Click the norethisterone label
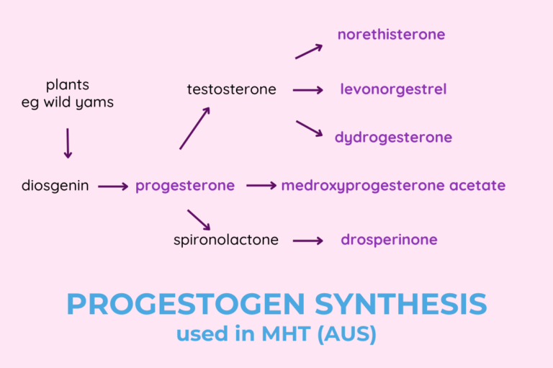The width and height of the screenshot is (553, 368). [x=391, y=35]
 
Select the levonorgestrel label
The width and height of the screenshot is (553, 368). [x=393, y=89]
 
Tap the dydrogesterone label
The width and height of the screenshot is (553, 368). [x=393, y=138]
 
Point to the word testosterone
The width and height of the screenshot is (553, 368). [x=231, y=89]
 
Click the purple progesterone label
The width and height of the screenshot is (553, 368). [x=185, y=186]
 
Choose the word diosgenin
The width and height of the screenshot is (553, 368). [x=55, y=186]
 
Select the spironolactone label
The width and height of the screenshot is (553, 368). [x=226, y=240]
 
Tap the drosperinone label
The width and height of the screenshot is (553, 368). [x=389, y=240]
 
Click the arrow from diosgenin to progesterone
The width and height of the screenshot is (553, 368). [x=112, y=187]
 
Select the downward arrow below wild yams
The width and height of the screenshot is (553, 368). [x=68, y=143]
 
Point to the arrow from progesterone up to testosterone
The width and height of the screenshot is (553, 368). [x=194, y=128]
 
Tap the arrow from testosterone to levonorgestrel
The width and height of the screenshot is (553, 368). [x=308, y=90]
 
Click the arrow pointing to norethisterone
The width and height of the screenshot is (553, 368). [x=308, y=51]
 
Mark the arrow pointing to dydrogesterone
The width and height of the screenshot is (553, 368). [x=308, y=128]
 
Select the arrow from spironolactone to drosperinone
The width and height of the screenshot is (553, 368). [x=308, y=241]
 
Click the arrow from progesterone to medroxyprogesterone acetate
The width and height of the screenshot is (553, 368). [x=261, y=186]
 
